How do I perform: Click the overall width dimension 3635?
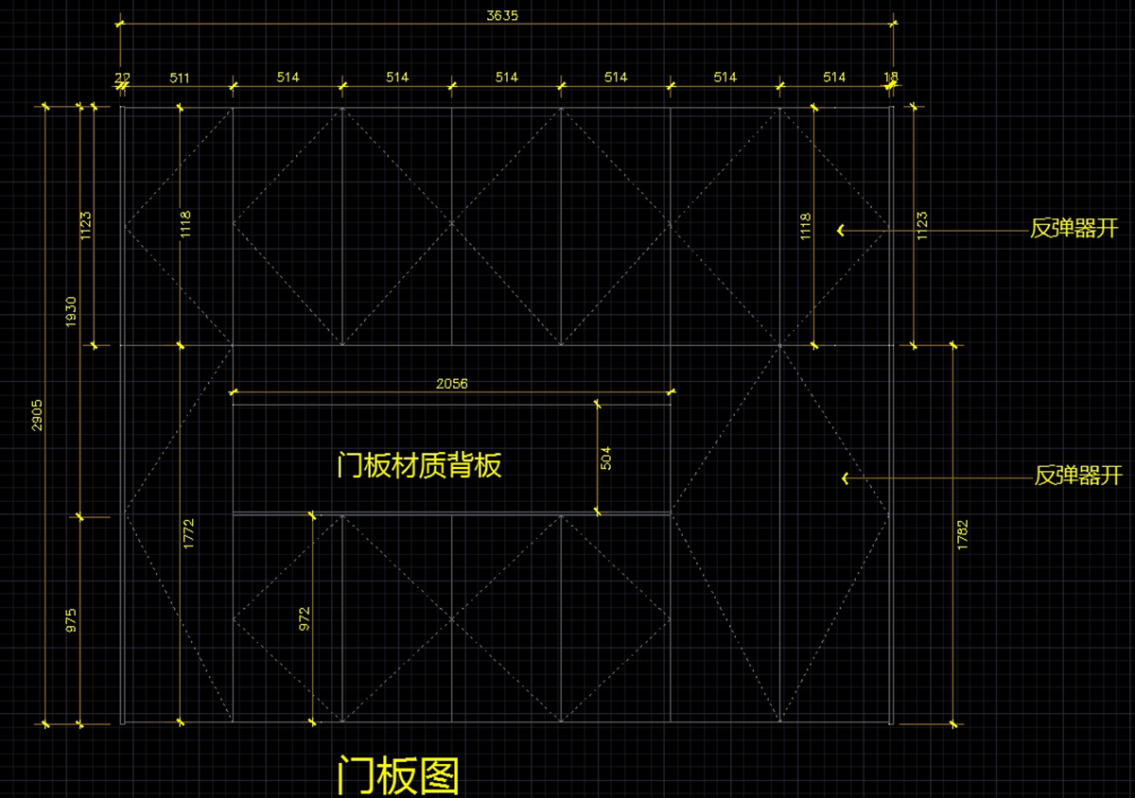[x=501, y=15]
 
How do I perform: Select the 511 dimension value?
[x=179, y=78]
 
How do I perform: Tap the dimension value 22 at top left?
[x=123, y=78]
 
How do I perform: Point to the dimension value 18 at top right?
[x=891, y=78]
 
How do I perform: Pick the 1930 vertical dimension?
[x=71, y=312]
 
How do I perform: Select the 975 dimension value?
[x=71, y=620]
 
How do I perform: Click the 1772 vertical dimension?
[x=188, y=534]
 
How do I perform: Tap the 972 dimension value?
[x=305, y=619]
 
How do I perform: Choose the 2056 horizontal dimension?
[x=451, y=384]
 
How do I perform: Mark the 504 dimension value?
[x=606, y=459]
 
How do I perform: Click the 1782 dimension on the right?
[x=962, y=535]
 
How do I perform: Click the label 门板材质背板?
[x=419, y=465]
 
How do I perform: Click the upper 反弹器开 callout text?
[x=1074, y=229]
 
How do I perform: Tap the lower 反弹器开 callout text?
[x=1078, y=476]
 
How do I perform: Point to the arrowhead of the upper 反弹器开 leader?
[x=840, y=230]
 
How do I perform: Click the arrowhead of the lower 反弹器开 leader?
[x=845, y=478]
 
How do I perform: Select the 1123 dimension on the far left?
[x=85, y=225]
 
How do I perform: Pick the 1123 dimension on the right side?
[x=921, y=225]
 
